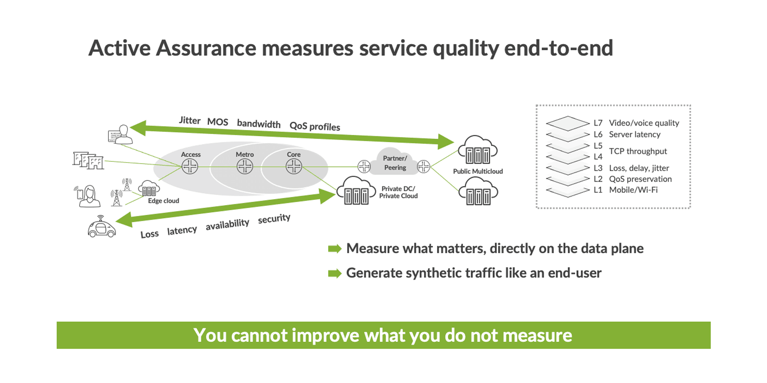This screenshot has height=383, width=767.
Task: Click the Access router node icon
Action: pyautogui.click(x=190, y=166)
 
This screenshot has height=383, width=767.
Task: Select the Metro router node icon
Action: pyautogui.click(x=245, y=166)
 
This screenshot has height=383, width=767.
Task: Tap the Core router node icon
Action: pyautogui.click(x=294, y=166)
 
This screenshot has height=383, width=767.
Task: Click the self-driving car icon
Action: pyautogui.click(x=101, y=228)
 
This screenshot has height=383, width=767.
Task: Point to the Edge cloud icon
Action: pyautogui.click(x=149, y=188)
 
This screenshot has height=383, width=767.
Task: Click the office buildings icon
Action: pyautogui.click(x=88, y=160)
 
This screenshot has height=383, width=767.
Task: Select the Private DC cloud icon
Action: pyautogui.click(x=356, y=191)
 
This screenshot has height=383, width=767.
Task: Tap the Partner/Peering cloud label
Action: pyautogui.click(x=395, y=163)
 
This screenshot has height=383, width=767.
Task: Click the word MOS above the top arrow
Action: pyautogui.click(x=218, y=122)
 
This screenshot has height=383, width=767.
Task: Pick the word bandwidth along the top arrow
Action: pyautogui.click(x=259, y=124)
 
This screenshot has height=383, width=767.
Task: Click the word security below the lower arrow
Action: pyautogui.click(x=274, y=219)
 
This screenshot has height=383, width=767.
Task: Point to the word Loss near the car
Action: pyautogui.click(x=150, y=234)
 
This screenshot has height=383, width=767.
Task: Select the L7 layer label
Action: pyautogui.click(x=598, y=123)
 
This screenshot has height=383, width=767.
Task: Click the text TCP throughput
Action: pyautogui.click(x=638, y=151)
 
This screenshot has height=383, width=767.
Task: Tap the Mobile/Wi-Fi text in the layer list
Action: pyautogui.click(x=633, y=190)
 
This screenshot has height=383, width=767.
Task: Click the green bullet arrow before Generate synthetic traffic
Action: pyautogui.click(x=334, y=273)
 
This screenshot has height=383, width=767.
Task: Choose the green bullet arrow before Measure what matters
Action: pyautogui.click(x=334, y=249)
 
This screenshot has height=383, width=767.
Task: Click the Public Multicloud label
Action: pyautogui.click(x=478, y=171)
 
